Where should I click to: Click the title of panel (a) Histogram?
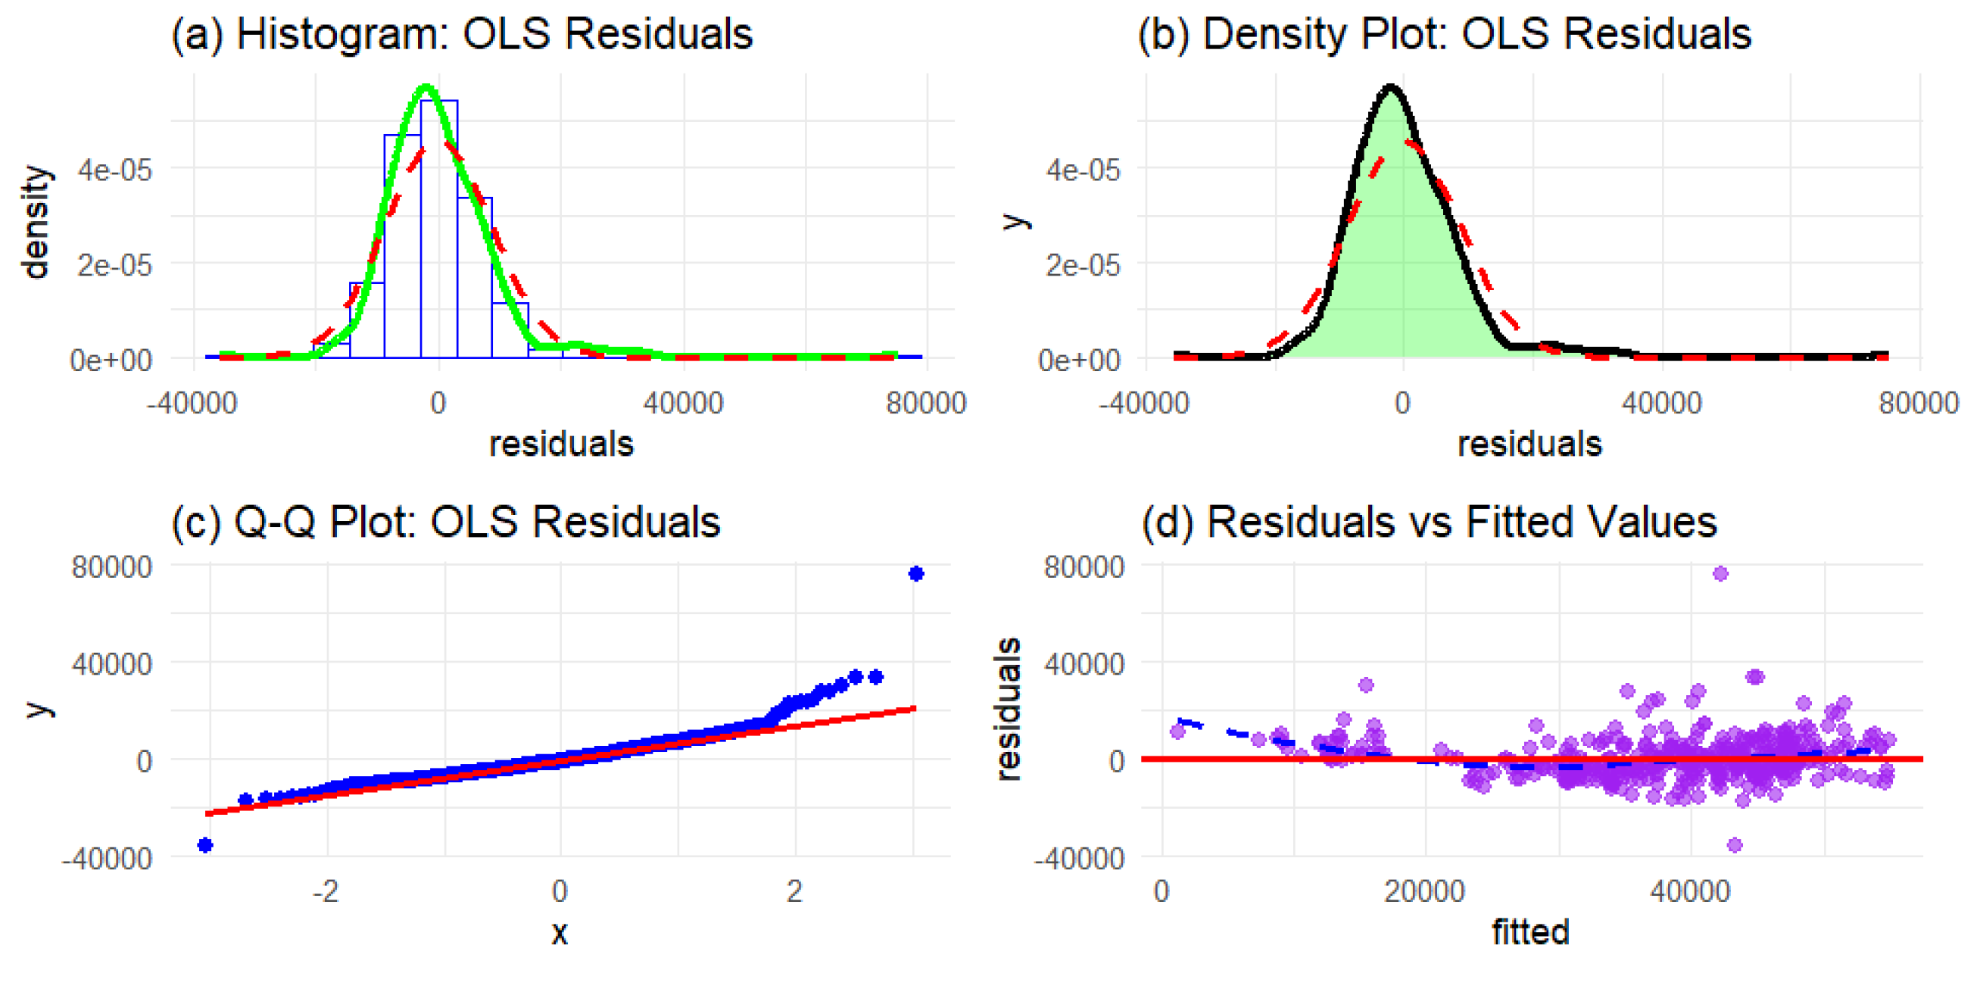point(461,34)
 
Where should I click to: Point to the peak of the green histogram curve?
point(427,88)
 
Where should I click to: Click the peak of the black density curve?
point(1390,88)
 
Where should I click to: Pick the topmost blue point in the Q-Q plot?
point(915,574)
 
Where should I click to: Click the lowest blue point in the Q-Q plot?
point(205,845)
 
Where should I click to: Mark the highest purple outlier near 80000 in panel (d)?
point(1720,574)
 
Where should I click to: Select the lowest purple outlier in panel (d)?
point(1735,845)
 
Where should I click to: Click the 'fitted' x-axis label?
point(1529,932)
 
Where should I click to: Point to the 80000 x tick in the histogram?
point(925,403)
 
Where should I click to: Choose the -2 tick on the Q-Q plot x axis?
point(326,891)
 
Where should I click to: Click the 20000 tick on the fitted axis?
point(1424,891)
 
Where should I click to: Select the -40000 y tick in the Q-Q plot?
point(107,859)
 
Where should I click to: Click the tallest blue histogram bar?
point(439,231)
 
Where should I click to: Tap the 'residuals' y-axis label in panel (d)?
point(1008,709)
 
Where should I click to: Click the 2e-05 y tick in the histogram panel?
point(114,265)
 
